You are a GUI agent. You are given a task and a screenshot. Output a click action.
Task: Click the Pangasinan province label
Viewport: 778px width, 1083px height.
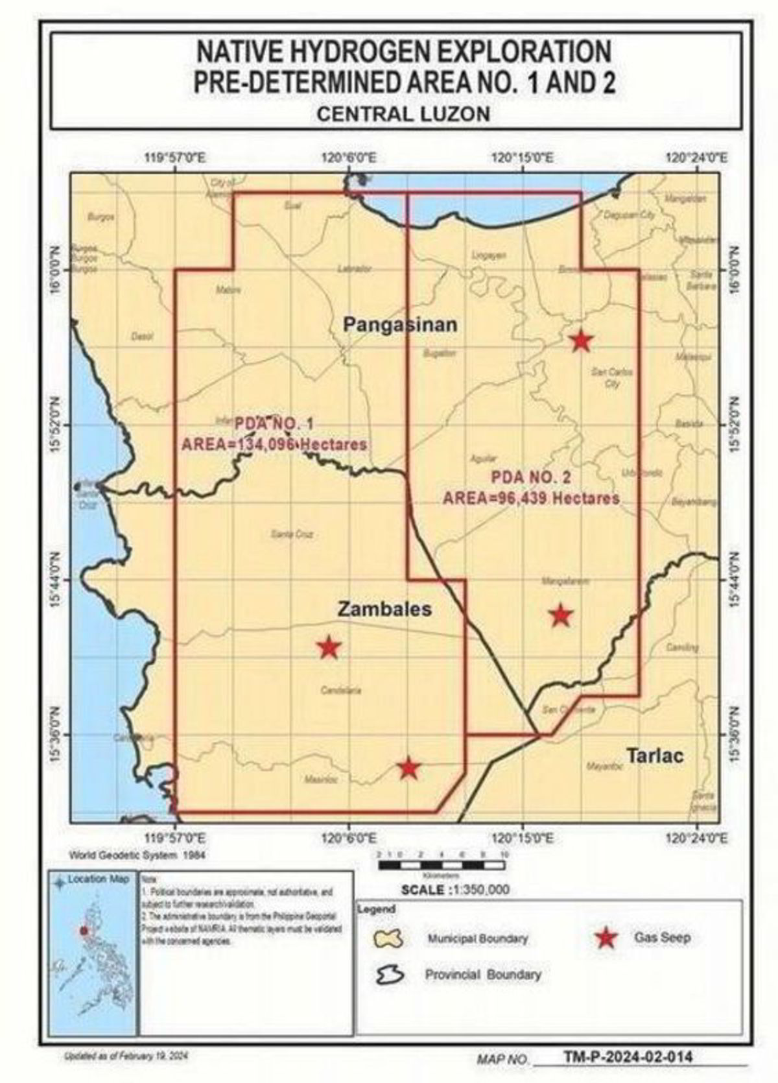399,324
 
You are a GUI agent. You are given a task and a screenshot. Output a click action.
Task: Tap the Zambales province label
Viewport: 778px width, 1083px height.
384,609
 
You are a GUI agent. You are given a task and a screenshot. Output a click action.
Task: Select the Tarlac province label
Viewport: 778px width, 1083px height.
655,756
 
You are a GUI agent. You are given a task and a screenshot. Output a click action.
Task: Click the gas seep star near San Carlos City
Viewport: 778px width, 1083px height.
581,340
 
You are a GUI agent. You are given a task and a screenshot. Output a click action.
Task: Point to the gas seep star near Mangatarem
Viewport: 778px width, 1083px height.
561,614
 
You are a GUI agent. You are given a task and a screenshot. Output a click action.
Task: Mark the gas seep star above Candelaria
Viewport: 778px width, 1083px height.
329,647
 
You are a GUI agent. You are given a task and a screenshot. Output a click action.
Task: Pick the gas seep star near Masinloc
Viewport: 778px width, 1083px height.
408,768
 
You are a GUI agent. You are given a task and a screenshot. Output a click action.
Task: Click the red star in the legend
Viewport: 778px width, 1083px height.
606,938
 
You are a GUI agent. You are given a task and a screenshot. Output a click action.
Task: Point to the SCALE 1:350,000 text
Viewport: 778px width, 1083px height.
455,890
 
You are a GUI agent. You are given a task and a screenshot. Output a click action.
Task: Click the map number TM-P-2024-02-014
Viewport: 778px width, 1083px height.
628,1056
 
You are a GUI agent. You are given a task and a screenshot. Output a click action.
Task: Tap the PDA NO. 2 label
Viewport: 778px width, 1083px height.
531,478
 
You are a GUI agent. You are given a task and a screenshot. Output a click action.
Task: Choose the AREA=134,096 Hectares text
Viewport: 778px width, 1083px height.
274,445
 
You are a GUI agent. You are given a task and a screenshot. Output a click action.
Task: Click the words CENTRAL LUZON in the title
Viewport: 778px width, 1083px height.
403,114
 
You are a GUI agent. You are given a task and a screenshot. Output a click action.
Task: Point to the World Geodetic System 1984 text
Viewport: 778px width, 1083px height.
138,855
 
